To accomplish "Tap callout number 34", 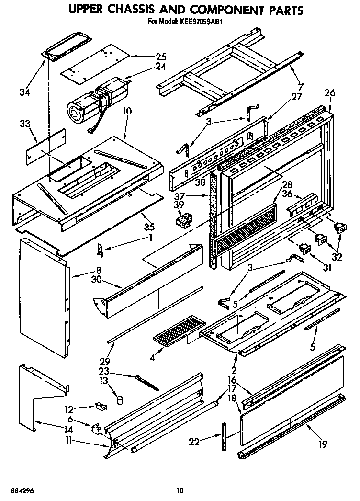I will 22,91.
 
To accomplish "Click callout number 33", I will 24,125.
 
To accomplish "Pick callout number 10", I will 126,111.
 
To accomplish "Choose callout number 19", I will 322,444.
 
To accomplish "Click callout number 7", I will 300,87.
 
